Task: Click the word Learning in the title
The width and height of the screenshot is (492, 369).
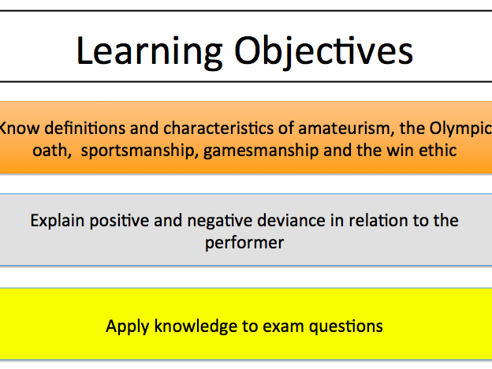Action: (x=149, y=52)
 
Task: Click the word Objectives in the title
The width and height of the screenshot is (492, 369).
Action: (x=323, y=52)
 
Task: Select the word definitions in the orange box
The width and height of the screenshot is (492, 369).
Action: (x=84, y=128)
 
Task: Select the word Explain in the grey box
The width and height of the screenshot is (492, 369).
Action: (x=58, y=222)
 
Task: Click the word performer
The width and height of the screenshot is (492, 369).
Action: (x=244, y=244)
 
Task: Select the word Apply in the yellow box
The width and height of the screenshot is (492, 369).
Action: (x=128, y=327)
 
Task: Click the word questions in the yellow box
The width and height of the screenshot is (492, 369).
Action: (x=346, y=327)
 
